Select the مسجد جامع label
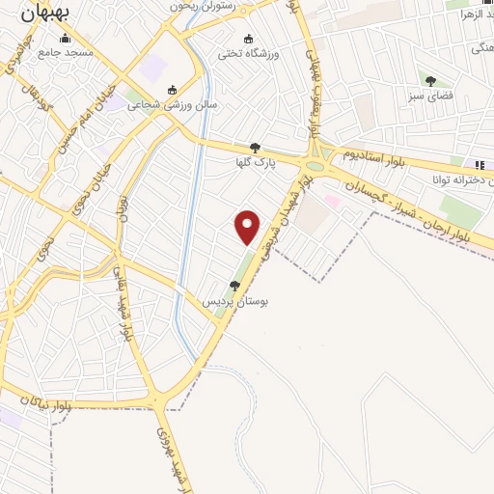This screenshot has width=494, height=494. click(67, 53)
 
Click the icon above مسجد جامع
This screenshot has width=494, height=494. click(66, 39)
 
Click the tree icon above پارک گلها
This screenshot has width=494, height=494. click(255, 148)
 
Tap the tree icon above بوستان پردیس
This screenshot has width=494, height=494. click(234, 286)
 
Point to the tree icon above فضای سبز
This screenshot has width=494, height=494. click(430, 82)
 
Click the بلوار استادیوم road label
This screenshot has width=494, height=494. click(380, 154)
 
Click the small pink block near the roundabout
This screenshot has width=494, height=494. click(332, 201)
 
